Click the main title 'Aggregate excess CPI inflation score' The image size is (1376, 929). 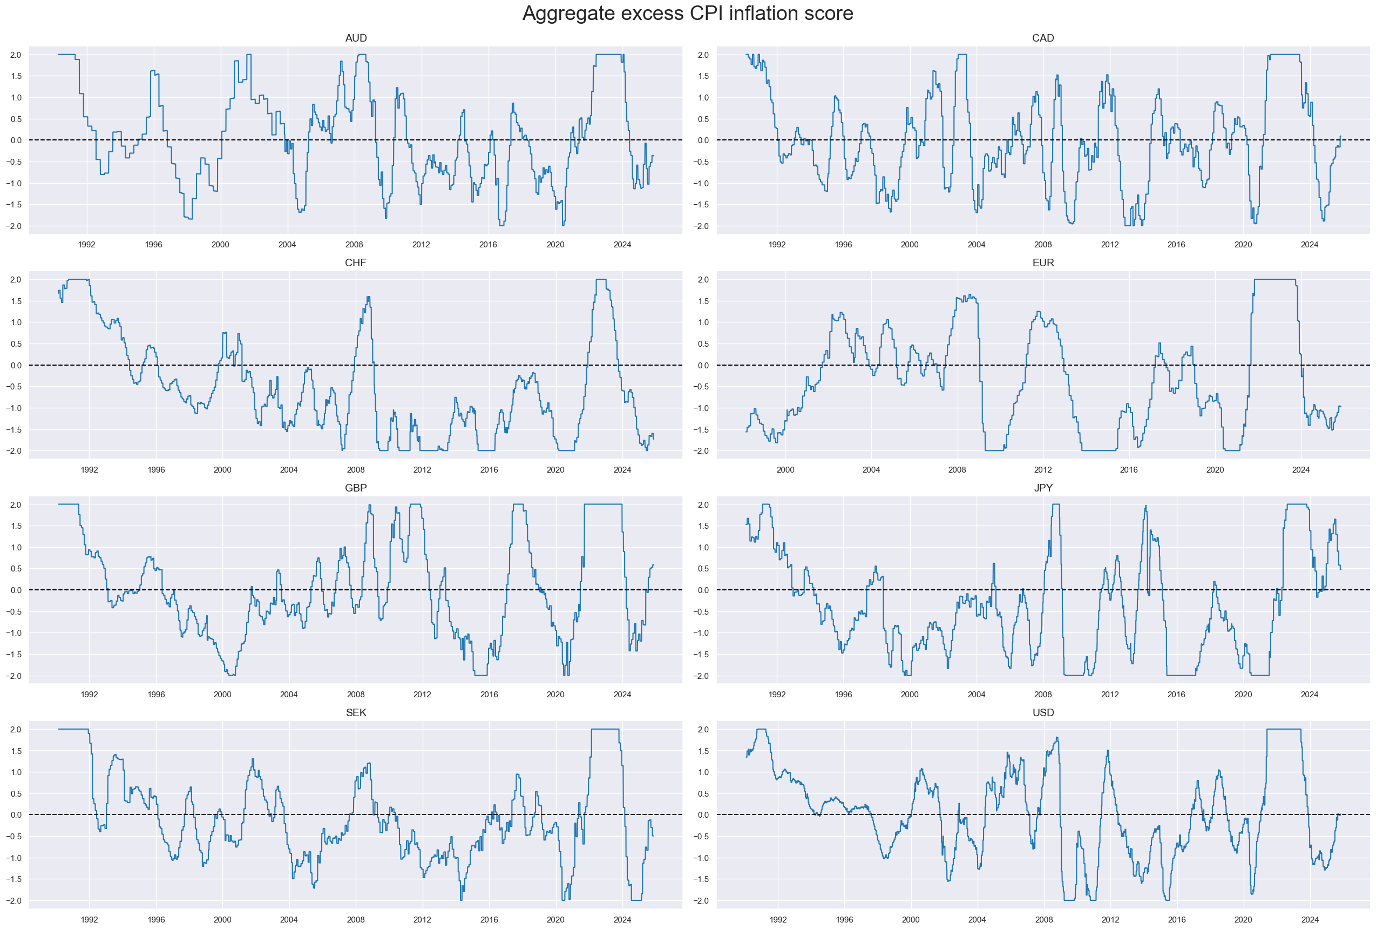pyautogui.click(x=687, y=13)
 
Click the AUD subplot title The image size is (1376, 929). pyautogui.click(x=356, y=38)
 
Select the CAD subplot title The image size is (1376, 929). pyautogui.click(x=1042, y=38)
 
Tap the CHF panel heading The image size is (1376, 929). pyautogui.click(x=356, y=262)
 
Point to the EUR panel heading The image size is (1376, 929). pyautogui.click(x=1042, y=262)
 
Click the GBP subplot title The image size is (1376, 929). pyautogui.click(x=356, y=488)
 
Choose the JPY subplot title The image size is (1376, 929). pyautogui.click(x=1042, y=488)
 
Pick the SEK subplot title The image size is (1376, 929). pyautogui.click(x=356, y=712)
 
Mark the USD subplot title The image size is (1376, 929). pyautogui.click(x=1042, y=712)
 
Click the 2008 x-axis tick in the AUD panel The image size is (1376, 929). pyautogui.click(x=354, y=245)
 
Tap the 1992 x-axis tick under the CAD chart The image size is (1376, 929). pyautogui.click(x=777, y=245)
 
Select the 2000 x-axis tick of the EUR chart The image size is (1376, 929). pyautogui.click(x=785, y=470)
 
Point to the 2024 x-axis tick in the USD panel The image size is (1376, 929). pyautogui.click(x=1310, y=919)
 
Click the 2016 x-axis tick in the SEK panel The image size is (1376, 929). pyautogui.click(x=489, y=919)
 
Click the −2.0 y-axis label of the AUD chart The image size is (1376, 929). pyautogui.click(x=16, y=226)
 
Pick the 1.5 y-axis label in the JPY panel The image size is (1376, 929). pyautogui.click(x=703, y=526)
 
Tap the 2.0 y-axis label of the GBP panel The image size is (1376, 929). pyautogui.click(x=16, y=505)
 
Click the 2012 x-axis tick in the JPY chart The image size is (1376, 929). pyautogui.click(x=1109, y=695)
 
